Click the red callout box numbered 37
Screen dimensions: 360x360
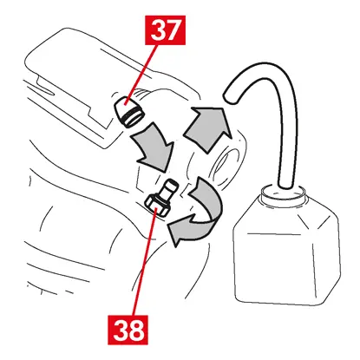[x=165, y=30]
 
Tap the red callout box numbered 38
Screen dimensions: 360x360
[x=128, y=330]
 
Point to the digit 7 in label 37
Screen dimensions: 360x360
[x=173, y=30]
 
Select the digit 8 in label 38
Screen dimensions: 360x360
[x=136, y=330]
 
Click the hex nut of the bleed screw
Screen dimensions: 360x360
[x=157, y=205]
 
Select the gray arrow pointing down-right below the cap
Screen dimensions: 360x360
[x=154, y=146]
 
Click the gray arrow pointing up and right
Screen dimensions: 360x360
[x=206, y=128]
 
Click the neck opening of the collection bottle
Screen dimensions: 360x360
[x=283, y=191]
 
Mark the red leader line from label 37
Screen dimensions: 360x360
[x=141, y=75]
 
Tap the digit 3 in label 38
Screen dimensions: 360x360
[x=120, y=330]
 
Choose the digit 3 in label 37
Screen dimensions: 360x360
[x=157, y=30]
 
